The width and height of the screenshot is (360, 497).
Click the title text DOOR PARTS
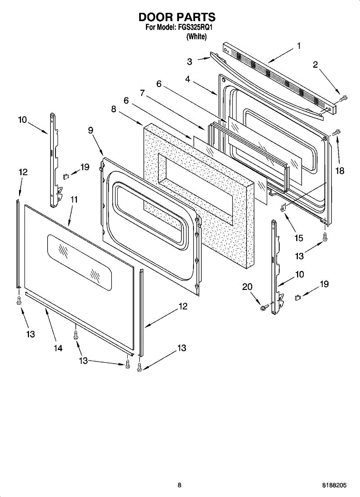(177, 17)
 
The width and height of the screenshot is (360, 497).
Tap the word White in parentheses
(197, 36)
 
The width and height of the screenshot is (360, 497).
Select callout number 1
(299, 46)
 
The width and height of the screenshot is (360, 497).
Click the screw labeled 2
(343, 98)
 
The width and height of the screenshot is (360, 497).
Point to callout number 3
(189, 62)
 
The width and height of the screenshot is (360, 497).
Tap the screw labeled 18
(336, 132)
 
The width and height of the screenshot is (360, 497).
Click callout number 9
(90, 130)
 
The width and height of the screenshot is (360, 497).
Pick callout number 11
(73, 199)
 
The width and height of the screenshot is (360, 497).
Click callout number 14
(58, 348)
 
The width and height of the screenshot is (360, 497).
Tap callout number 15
(299, 238)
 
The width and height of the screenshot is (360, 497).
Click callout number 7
(143, 93)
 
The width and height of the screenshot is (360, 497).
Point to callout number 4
(188, 79)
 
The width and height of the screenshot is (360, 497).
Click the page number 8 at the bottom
(179, 485)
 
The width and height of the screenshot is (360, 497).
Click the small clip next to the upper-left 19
(65, 176)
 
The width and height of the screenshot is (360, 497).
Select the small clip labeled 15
(283, 209)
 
